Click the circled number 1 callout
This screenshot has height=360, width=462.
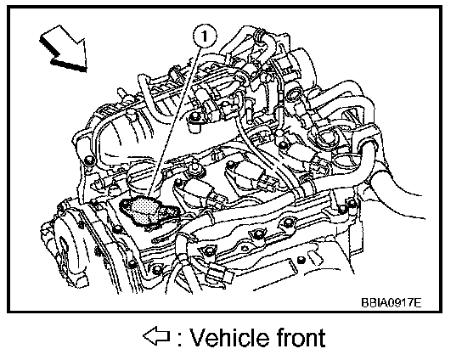point(205,37)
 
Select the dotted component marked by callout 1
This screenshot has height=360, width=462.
point(149,211)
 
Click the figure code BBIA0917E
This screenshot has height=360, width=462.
point(391,302)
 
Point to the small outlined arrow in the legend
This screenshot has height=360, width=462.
point(156,335)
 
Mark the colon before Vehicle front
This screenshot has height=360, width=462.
point(179,339)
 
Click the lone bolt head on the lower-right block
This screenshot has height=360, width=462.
point(301,260)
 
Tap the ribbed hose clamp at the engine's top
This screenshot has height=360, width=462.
point(258,36)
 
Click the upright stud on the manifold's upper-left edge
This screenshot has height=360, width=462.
point(121,92)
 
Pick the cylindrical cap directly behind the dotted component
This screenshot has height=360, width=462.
point(141,180)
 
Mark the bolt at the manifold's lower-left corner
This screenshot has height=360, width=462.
point(88,160)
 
